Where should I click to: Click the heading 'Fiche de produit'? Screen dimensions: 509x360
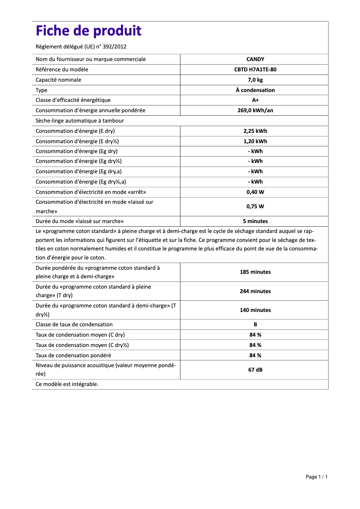(x=88, y=31)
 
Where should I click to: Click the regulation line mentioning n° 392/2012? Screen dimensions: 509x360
(x=84, y=47)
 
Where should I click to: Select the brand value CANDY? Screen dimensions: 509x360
(x=255, y=59)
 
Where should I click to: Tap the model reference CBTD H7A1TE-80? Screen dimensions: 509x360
(x=255, y=70)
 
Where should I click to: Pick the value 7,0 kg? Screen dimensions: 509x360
(x=255, y=80)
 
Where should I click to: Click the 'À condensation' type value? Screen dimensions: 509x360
(x=255, y=90)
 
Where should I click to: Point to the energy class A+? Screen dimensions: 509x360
(x=255, y=100)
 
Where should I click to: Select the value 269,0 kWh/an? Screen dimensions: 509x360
(x=255, y=110)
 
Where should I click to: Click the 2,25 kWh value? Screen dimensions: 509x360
(x=255, y=131)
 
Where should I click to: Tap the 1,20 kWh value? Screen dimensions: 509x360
(x=255, y=141)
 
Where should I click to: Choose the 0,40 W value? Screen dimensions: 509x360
(x=255, y=192)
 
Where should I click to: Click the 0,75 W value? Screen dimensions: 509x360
(x=255, y=206)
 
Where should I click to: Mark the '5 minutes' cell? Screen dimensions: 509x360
(x=255, y=221)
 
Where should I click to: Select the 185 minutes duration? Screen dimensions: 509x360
(x=255, y=272)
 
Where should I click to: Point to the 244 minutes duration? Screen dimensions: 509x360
(x=255, y=291)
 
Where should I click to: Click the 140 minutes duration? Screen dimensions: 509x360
(x=255, y=310)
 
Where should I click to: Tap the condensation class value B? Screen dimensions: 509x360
(x=255, y=325)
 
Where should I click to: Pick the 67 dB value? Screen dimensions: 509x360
(x=255, y=370)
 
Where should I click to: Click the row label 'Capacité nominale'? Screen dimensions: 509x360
(x=58, y=80)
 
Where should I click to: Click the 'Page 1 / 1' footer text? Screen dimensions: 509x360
(x=316, y=477)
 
